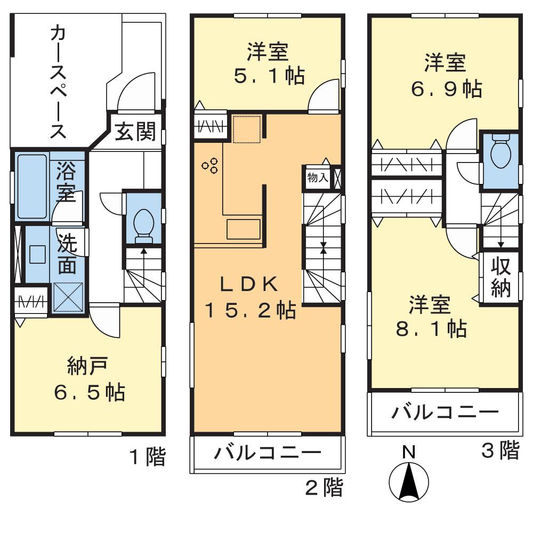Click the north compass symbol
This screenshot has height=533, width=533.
click(409, 483)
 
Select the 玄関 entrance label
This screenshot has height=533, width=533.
click(135, 132)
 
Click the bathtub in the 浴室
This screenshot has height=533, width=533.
click(31, 187)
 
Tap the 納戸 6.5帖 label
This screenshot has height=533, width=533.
click(88, 379)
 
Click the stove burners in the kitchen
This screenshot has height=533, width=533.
click(209, 166)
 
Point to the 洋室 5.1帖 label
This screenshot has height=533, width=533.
click(268, 64)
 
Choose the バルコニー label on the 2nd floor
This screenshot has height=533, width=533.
click(268, 454)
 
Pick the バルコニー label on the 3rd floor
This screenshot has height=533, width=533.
click(446, 412)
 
